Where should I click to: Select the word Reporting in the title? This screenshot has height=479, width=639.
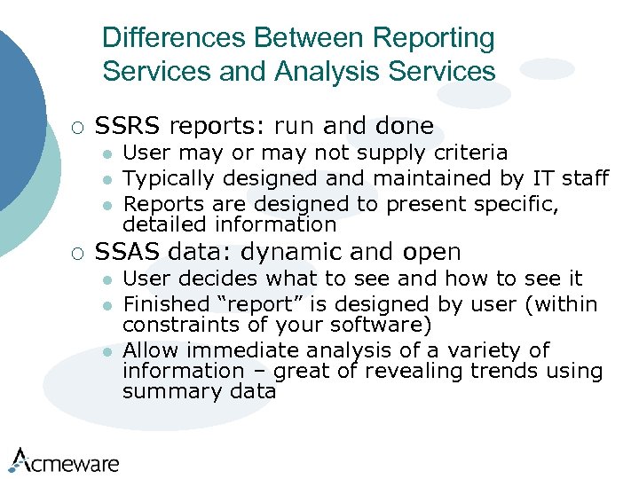tap(434, 39)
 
